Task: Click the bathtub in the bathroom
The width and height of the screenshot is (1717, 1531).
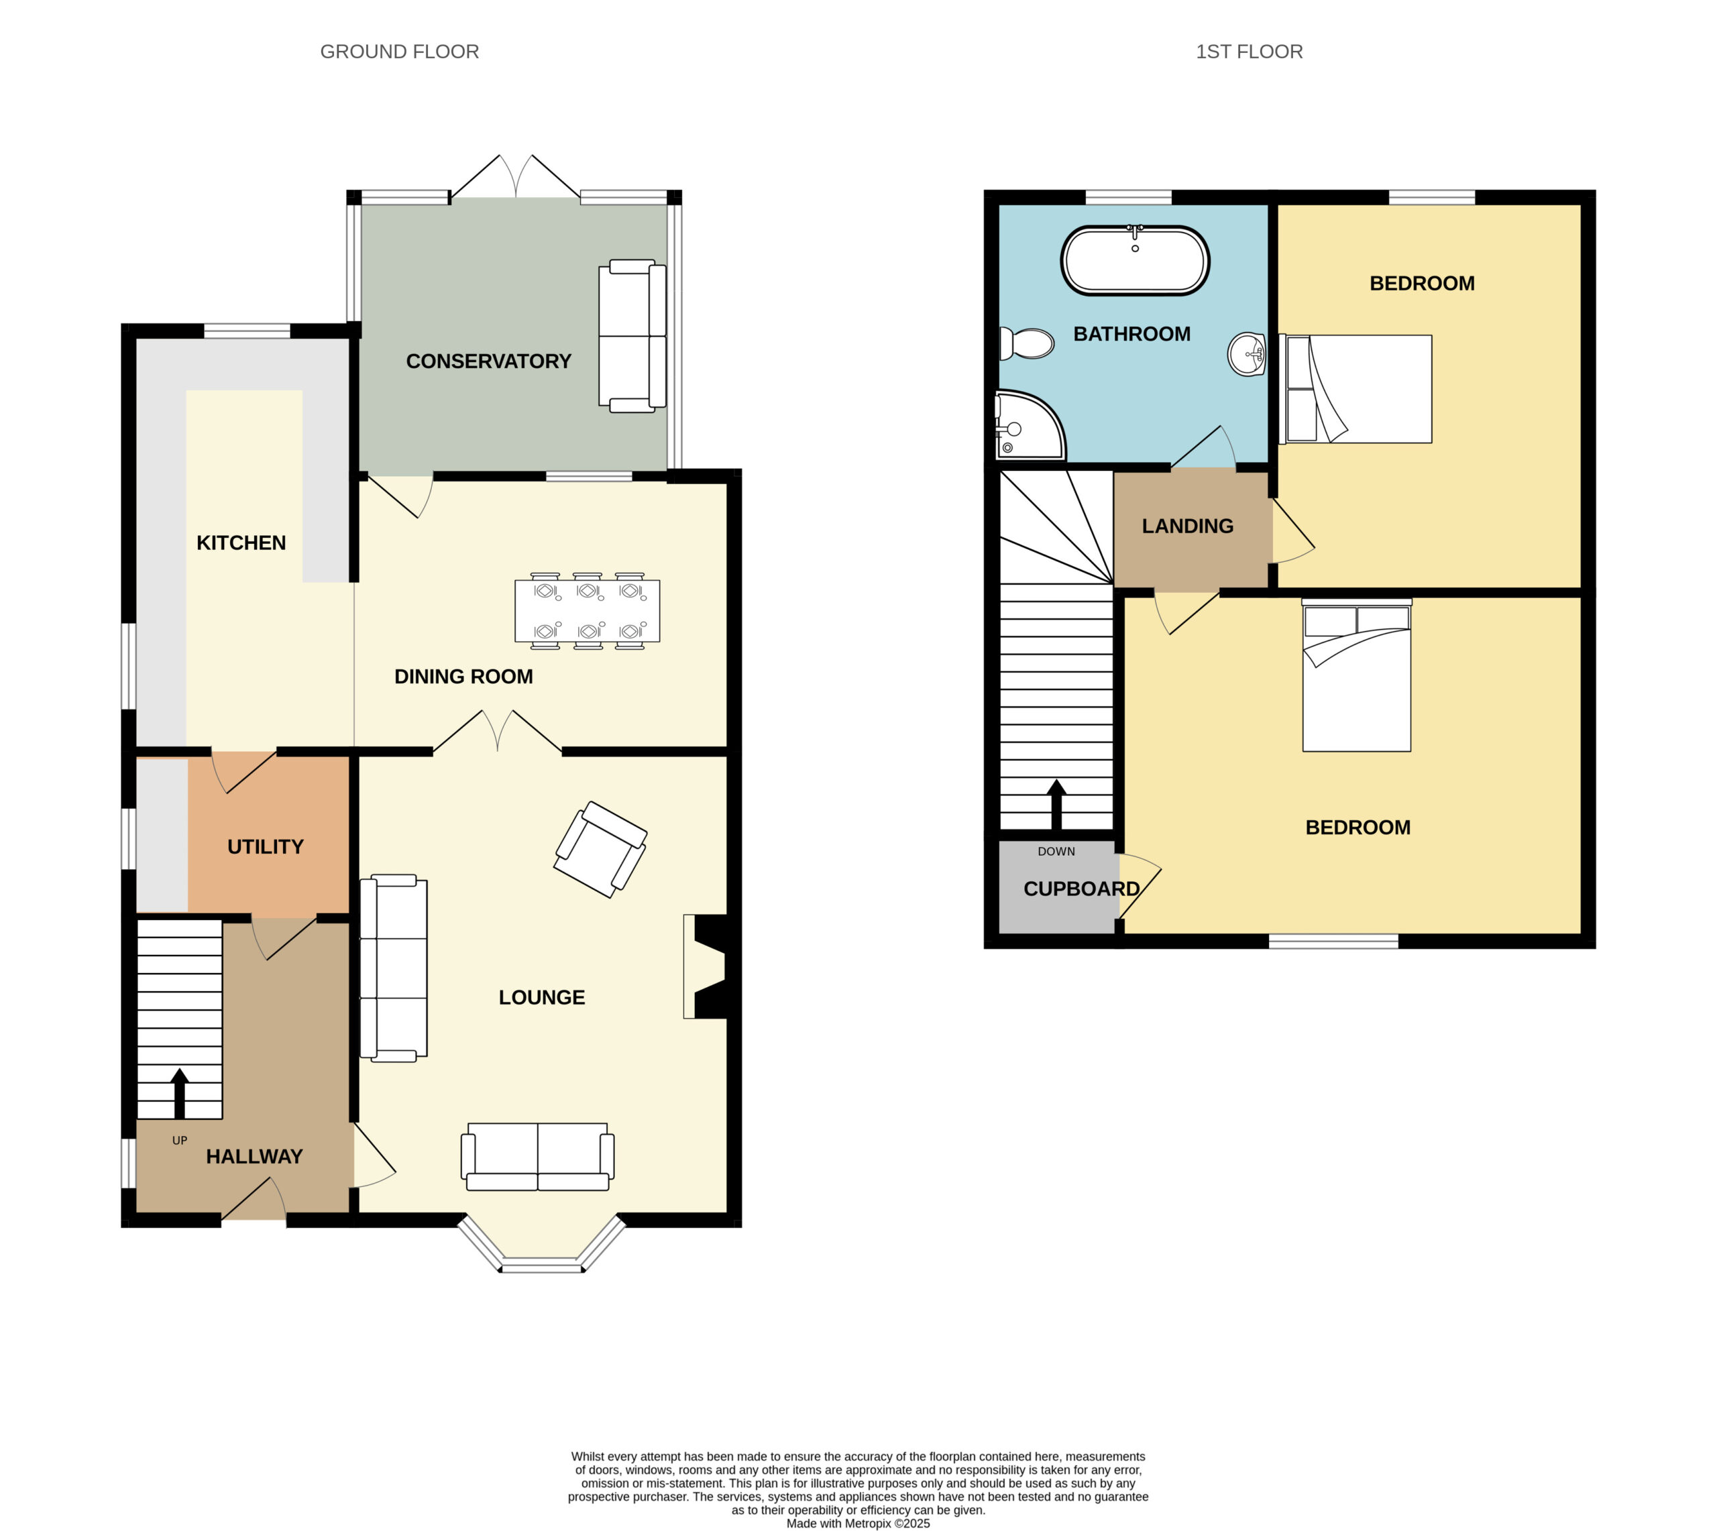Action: [x=1135, y=260]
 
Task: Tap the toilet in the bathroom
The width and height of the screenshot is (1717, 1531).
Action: [x=1026, y=343]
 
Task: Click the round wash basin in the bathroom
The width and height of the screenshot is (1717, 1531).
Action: [x=1247, y=354]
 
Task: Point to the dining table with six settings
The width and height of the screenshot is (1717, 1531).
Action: [x=587, y=611]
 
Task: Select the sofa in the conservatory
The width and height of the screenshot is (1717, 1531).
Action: [x=632, y=336]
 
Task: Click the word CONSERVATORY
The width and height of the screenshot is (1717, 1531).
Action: [x=489, y=361]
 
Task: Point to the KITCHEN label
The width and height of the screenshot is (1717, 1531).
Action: [x=241, y=543]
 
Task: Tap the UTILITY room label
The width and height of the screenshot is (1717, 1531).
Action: [x=265, y=846]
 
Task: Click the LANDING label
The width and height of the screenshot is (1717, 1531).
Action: [x=1188, y=526]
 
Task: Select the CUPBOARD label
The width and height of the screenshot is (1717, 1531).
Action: [x=1082, y=889]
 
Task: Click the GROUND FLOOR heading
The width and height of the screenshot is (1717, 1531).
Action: [x=400, y=52]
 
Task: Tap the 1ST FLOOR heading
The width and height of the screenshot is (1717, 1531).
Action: [x=1250, y=52]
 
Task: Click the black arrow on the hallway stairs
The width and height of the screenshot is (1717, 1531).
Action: [x=179, y=1094]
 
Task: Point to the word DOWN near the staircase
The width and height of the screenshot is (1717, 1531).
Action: [x=1056, y=851]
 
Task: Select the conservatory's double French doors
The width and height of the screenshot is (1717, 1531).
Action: [x=515, y=176]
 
